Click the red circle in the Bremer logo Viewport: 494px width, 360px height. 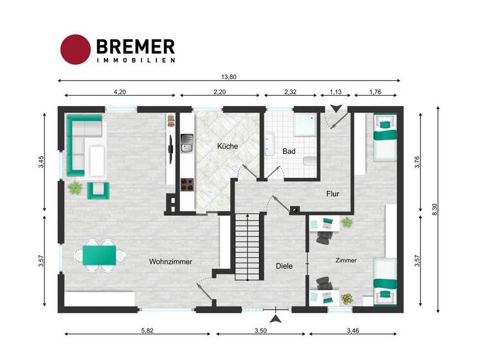[x=75, y=50]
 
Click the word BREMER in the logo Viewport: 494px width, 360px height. [x=135, y=46]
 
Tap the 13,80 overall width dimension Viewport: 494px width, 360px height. [x=229, y=77]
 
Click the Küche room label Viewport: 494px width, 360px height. [x=227, y=146]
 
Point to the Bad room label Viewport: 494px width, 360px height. [x=289, y=151]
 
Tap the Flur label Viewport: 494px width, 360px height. [x=333, y=193]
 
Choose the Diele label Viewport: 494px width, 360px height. [x=284, y=265]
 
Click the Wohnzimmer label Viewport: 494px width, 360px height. [x=170, y=262]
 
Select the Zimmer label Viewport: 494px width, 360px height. [x=345, y=260]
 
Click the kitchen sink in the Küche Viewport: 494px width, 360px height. [x=187, y=144]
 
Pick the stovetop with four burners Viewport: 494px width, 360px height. [x=187, y=184]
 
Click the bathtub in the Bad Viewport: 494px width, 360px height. [x=270, y=145]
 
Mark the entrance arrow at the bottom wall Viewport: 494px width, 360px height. [x=275, y=319]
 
